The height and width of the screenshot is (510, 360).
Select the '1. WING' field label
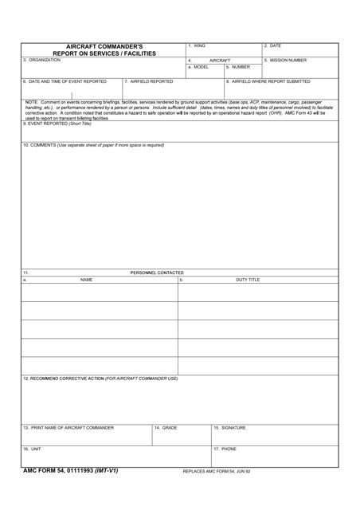[197, 46]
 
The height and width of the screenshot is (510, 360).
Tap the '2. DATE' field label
[273, 46]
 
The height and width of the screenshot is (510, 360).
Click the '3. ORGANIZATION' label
[41, 61]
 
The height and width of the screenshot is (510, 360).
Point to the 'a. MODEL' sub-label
[198, 67]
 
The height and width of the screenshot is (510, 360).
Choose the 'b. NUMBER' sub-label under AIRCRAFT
[237, 67]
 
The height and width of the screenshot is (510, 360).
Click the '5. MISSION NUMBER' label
[285, 61]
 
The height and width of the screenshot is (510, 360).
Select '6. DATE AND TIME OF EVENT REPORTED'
[65, 81]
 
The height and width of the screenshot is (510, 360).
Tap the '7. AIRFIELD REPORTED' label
[149, 81]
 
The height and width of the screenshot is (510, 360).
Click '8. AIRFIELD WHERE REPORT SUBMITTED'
[268, 81]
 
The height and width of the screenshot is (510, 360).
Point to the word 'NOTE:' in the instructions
[32, 103]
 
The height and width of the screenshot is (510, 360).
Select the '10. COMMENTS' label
[93, 145]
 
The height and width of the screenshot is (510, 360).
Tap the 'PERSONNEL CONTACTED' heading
[157, 273]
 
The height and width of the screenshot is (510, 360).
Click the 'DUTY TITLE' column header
[248, 280]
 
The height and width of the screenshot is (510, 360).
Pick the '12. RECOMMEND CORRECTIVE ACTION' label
[100, 379]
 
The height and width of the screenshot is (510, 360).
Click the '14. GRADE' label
[166, 428]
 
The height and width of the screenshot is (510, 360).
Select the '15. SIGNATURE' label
[230, 428]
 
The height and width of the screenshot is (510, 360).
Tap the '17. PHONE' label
[225, 449]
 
